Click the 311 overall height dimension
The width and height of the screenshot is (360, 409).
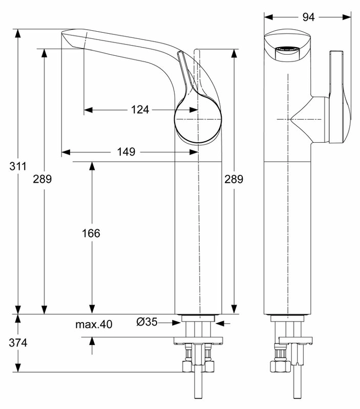pos(18,166)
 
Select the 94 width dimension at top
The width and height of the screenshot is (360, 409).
pos(308,17)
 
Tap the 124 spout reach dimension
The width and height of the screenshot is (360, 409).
pos(140,110)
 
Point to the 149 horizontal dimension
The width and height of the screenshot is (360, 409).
pos(126,152)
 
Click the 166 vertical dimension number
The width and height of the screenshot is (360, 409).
pos(91,233)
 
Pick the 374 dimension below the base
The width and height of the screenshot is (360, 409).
pos(18,343)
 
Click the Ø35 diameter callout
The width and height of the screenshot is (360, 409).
pos(147,322)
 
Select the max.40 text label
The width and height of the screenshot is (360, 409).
pos(94,324)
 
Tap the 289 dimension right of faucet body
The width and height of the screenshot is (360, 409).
pos(234,179)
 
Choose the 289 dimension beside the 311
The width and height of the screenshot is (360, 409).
pos(43,179)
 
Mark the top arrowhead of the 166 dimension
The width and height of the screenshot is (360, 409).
pos(92,166)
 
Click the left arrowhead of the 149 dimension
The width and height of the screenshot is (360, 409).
pos(66,152)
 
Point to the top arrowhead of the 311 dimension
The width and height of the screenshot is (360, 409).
pos(18,33)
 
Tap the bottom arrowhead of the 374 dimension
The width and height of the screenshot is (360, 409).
pos(18,368)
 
